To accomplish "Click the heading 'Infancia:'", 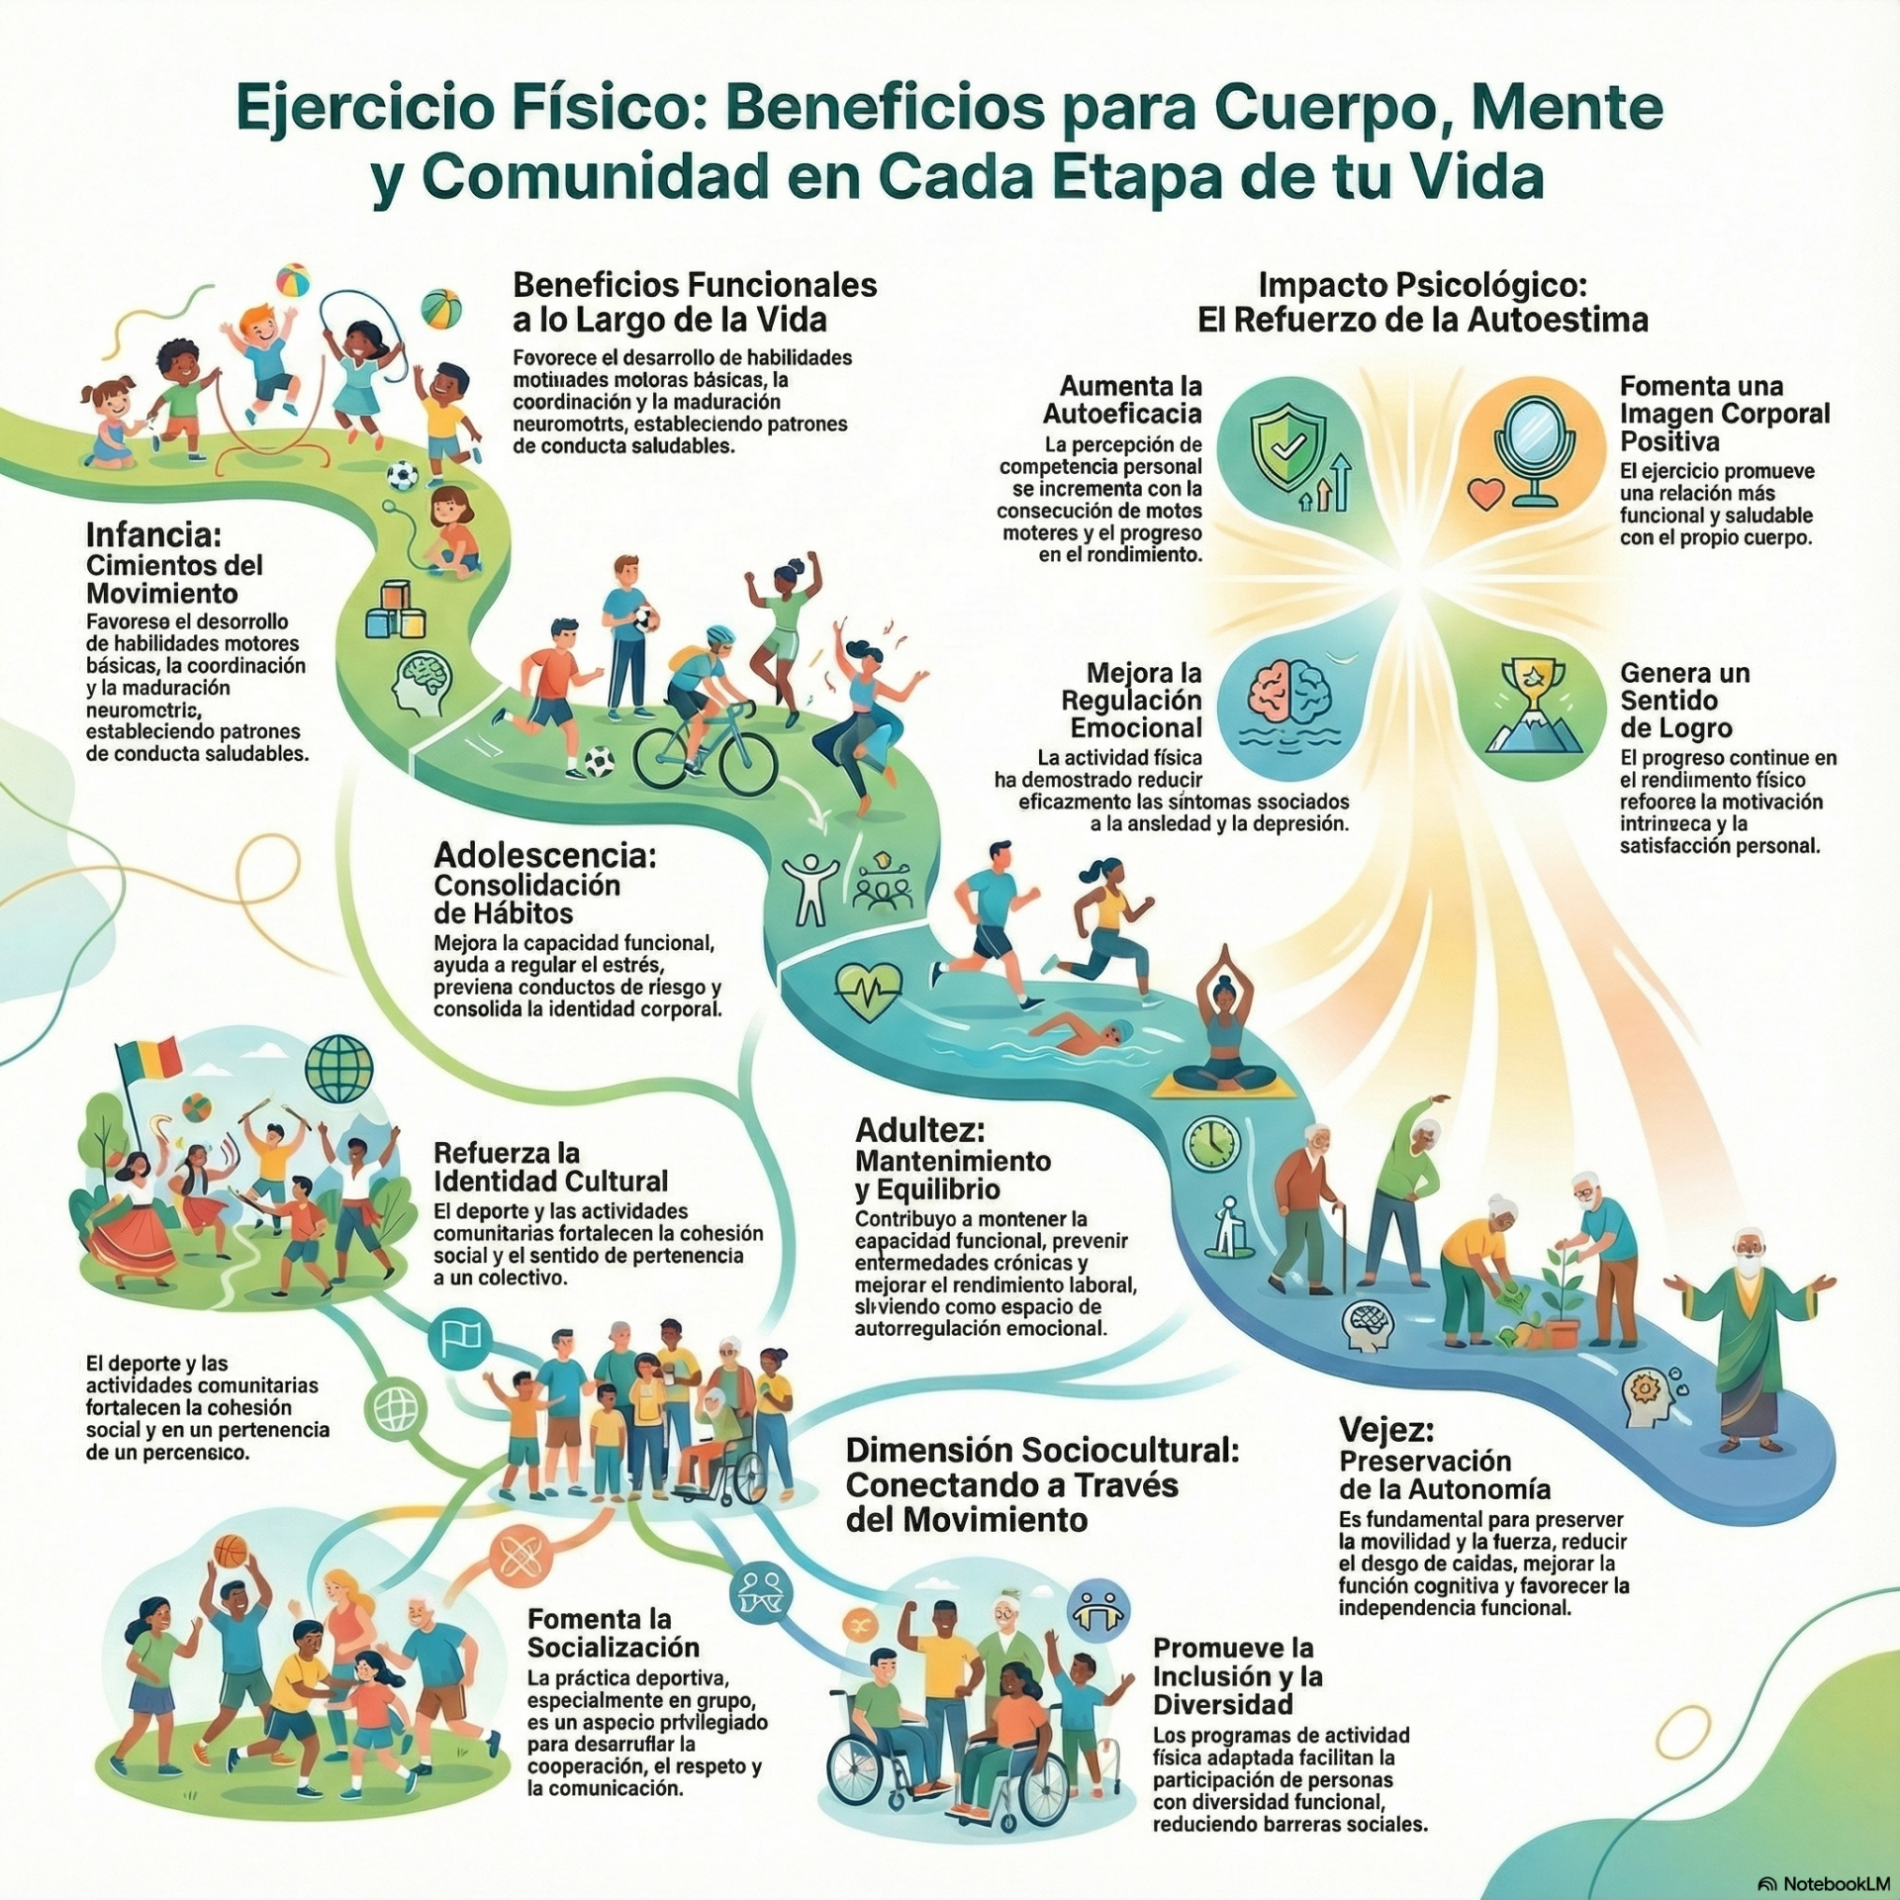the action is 153,535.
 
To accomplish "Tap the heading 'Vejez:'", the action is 1386,1429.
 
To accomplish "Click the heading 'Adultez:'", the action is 920,1129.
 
